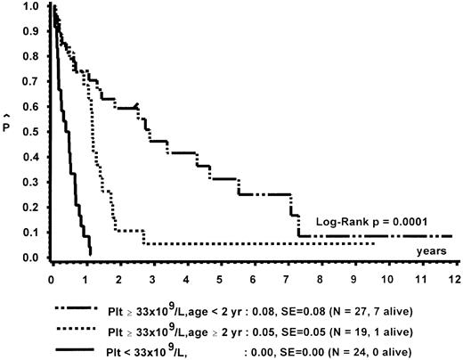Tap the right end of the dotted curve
coord(375,243)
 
